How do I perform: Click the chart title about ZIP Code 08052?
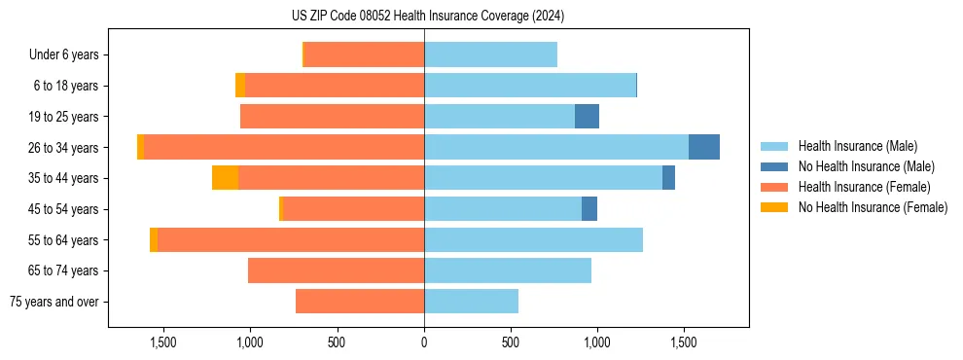click(427, 17)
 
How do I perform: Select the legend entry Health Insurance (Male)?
click(857, 146)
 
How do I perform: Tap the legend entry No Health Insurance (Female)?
click(873, 207)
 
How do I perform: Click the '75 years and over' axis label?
click(54, 302)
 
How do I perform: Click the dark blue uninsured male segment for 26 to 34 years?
click(703, 147)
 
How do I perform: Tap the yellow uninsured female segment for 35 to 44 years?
click(225, 178)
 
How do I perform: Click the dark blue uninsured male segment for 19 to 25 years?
click(587, 117)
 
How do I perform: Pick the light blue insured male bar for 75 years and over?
click(471, 302)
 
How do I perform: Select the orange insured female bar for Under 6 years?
click(364, 55)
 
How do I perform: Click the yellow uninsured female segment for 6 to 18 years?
click(240, 86)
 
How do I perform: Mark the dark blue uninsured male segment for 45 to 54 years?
click(589, 209)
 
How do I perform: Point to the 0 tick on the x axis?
click(424, 342)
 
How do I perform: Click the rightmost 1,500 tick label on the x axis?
click(683, 342)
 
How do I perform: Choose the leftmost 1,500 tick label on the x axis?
click(162, 342)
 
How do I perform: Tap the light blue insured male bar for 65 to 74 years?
click(507, 270)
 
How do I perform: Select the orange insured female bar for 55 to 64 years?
click(290, 240)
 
